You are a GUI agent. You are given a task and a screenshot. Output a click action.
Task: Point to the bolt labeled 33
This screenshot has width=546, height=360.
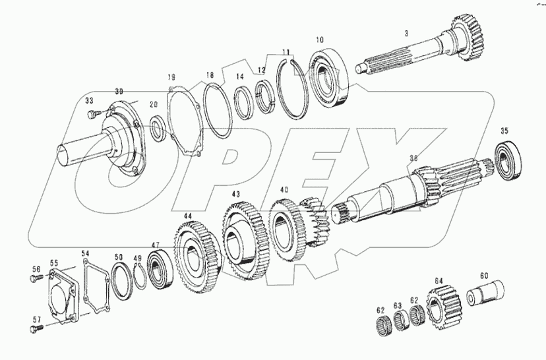pyautogui.click(x=92, y=115)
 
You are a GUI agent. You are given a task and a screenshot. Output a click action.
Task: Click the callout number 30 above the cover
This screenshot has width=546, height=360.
pyautogui.click(x=119, y=91)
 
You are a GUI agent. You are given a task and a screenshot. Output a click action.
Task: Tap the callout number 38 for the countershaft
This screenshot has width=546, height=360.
pyautogui.click(x=413, y=158)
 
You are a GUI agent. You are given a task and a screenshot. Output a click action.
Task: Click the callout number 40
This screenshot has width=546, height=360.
pyautogui.click(x=284, y=190)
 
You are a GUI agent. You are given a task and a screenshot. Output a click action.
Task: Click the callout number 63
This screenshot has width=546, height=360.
pyautogui.click(x=397, y=305)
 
